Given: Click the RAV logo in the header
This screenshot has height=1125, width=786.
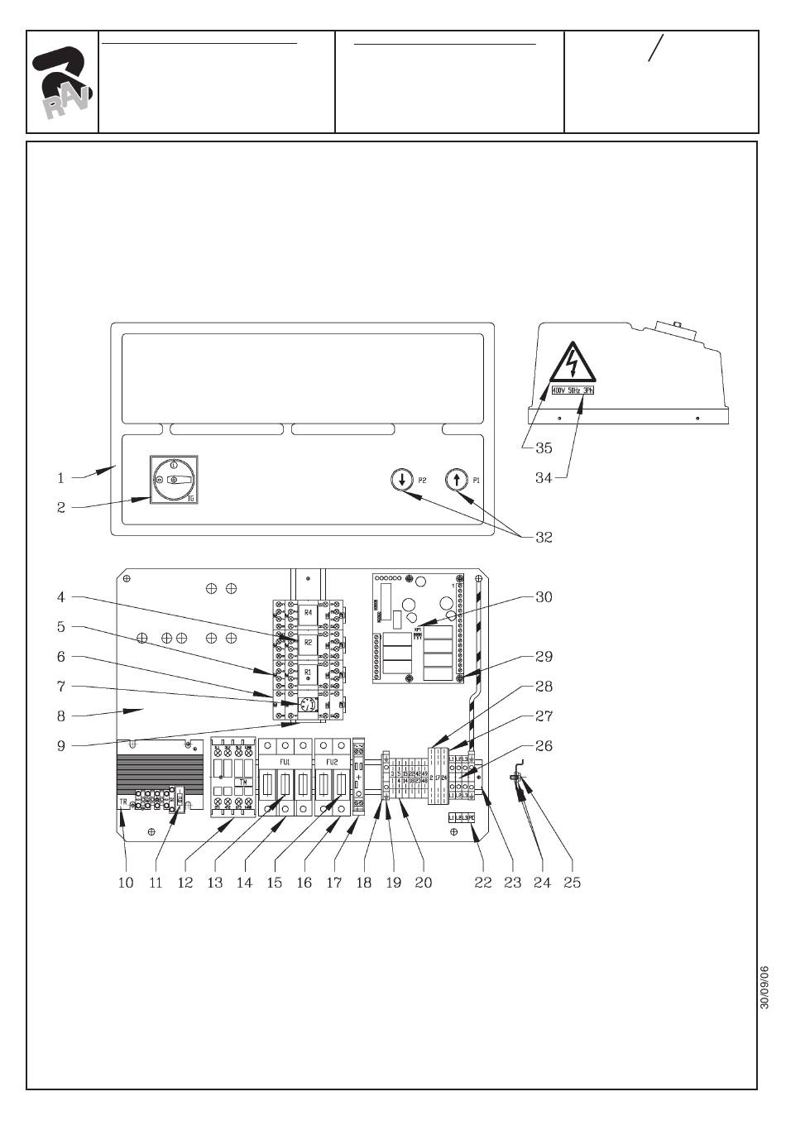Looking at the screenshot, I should [x=62, y=83].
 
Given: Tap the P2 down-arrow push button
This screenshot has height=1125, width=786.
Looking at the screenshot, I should [x=401, y=479].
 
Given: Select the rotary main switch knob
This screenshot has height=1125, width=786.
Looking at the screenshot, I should [x=174, y=479].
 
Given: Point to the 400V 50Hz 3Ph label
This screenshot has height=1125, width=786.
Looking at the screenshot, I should [x=573, y=390].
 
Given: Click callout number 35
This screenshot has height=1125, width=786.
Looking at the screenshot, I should [x=544, y=448].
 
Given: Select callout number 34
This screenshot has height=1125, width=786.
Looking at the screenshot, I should [x=544, y=477].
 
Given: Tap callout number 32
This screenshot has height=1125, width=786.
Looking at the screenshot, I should [x=544, y=537].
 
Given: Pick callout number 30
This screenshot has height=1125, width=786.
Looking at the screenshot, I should [x=544, y=596].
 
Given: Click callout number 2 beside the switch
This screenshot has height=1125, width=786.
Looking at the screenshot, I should [x=61, y=507].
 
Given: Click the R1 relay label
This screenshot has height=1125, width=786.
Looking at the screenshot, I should [x=309, y=672].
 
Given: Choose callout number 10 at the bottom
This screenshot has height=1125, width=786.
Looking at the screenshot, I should [x=126, y=883].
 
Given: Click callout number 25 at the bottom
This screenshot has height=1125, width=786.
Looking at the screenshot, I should [x=572, y=883].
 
